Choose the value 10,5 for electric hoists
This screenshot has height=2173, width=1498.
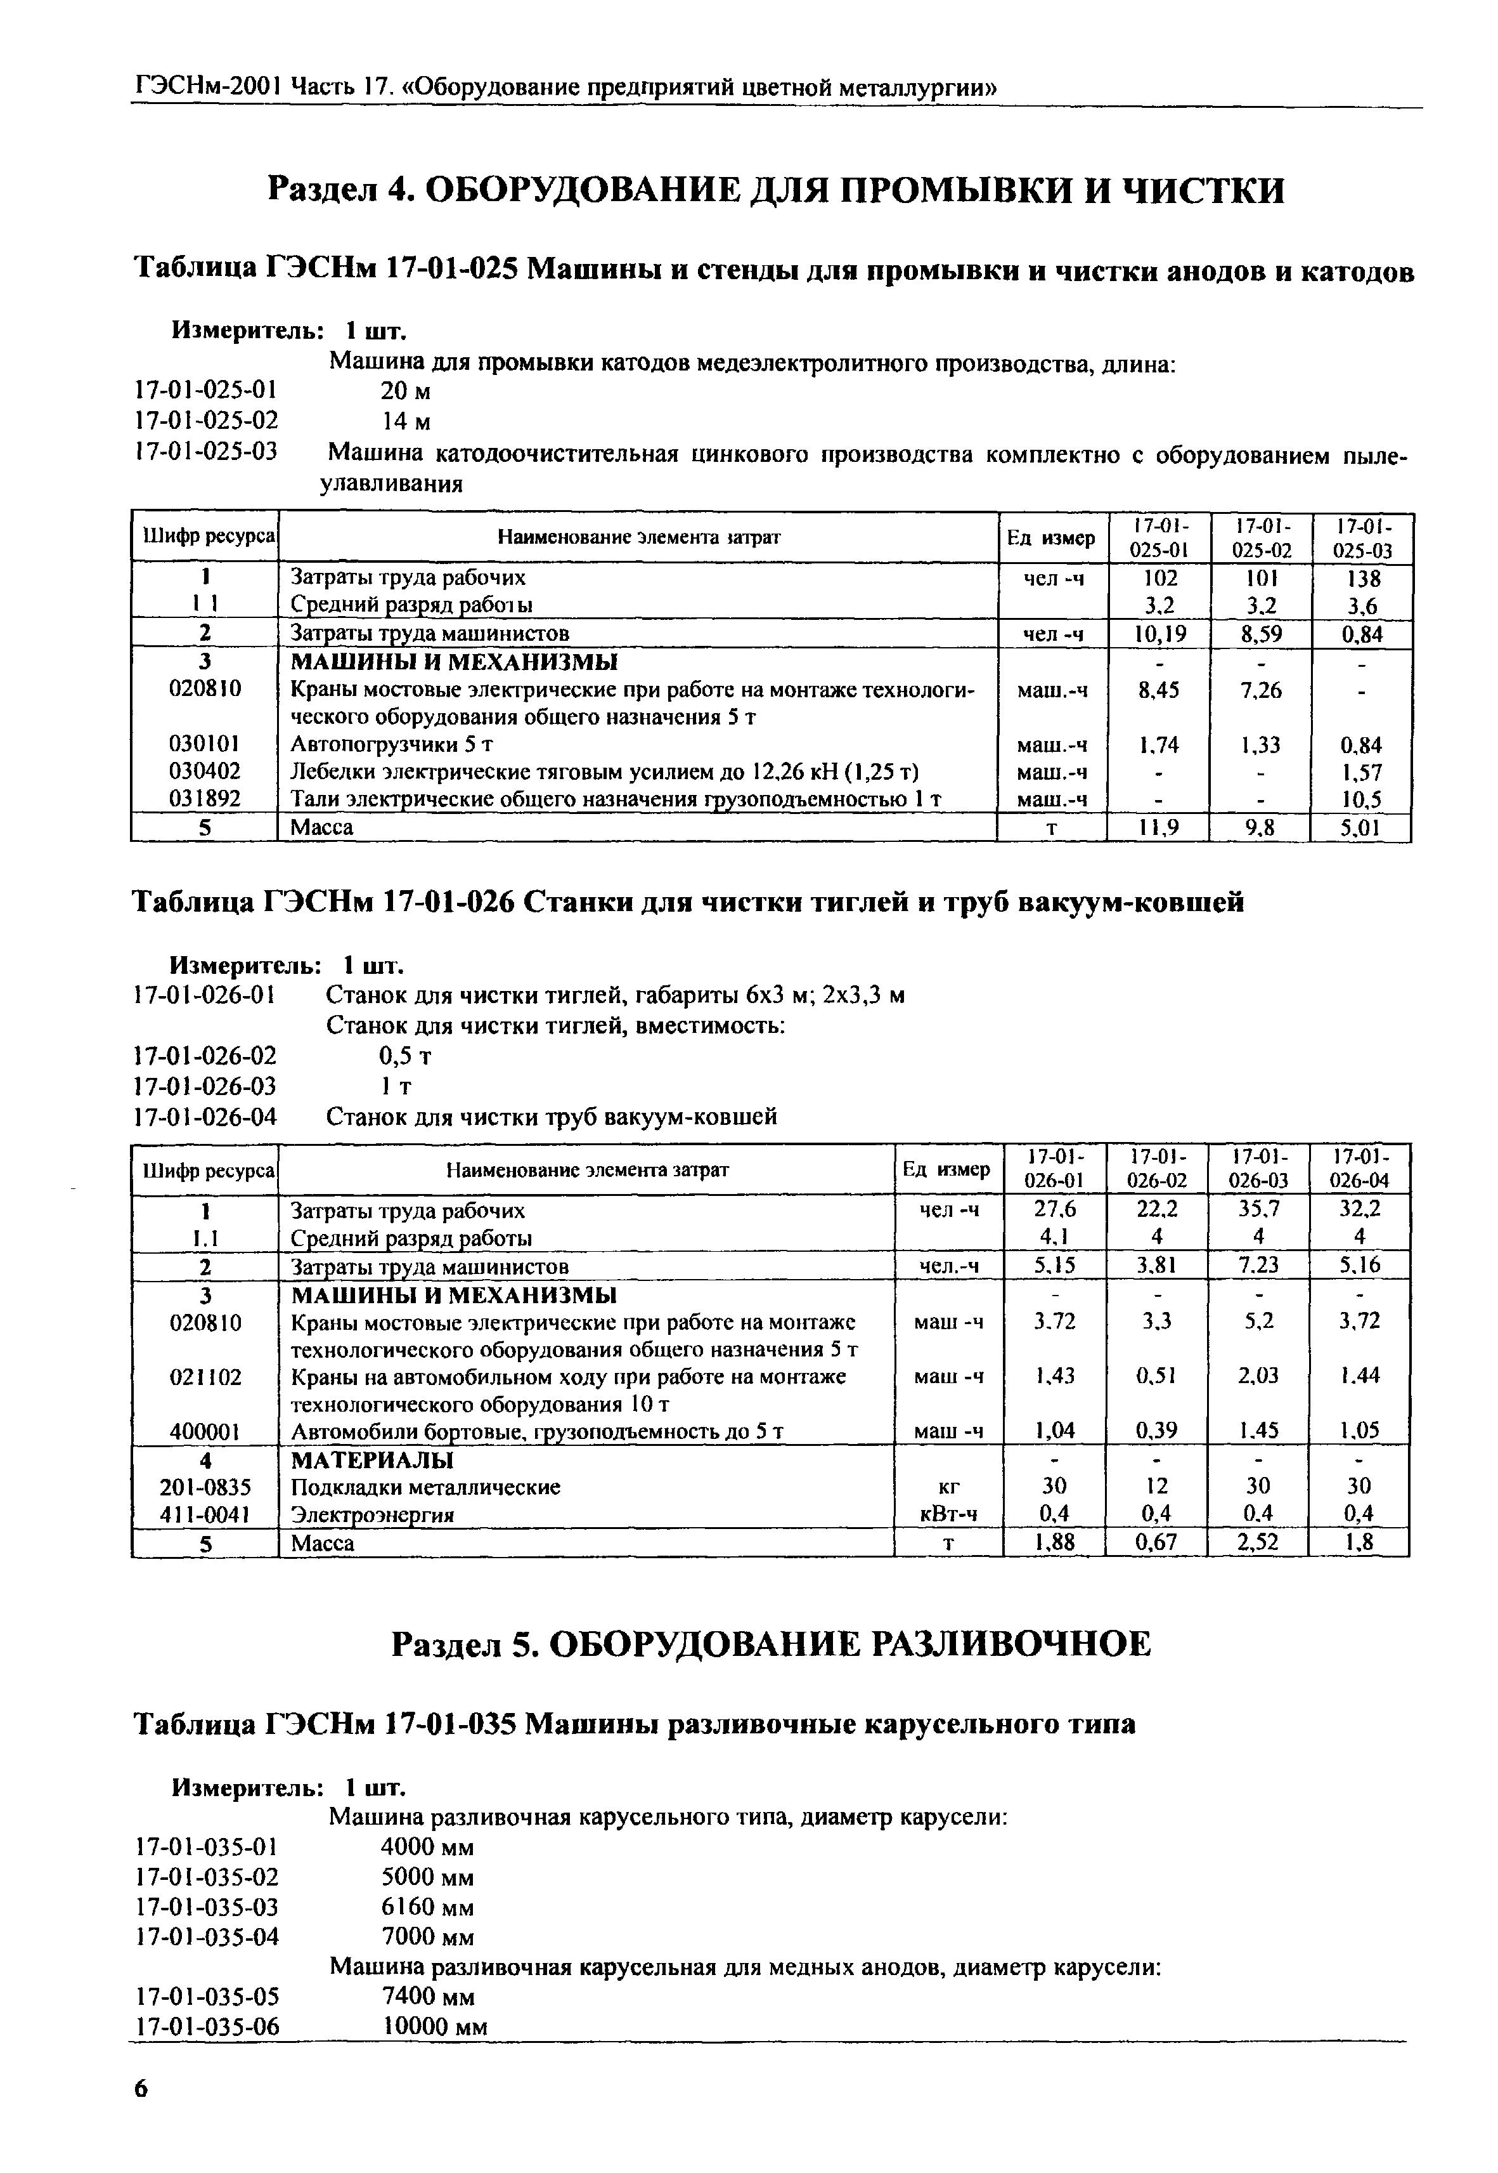tap(1361, 800)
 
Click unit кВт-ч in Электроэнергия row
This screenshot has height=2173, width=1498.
tap(948, 1514)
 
